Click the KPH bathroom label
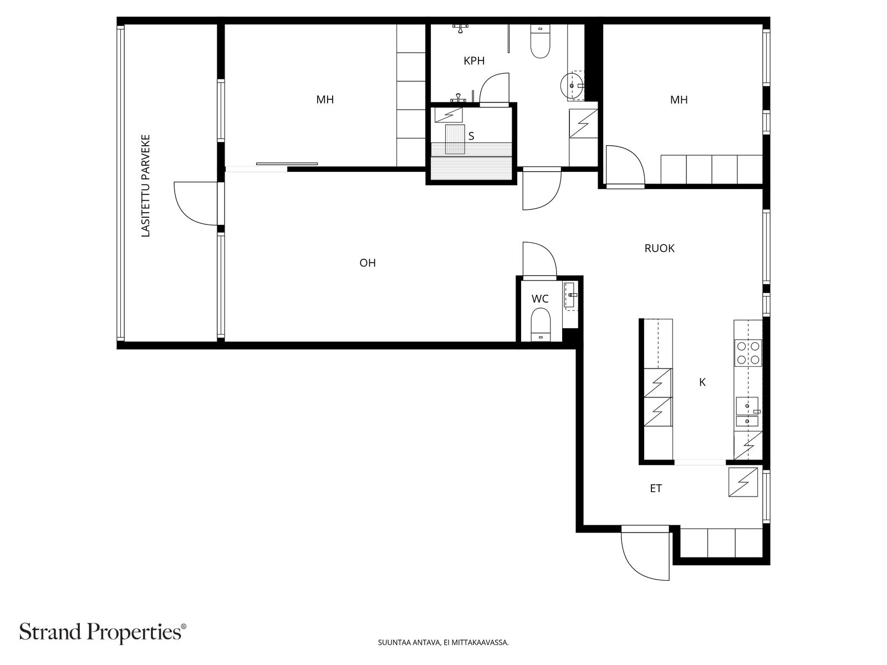(x=473, y=61)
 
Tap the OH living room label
(x=368, y=263)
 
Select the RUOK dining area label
(x=659, y=248)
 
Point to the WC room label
(x=540, y=299)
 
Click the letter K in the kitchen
(x=702, y=382)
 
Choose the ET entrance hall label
(x=655, y=489)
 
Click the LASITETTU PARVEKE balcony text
(x=145, y=186)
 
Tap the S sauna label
(x=471, y=136)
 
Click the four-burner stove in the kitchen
(x=748, y=352)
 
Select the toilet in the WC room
(x=541, y=325)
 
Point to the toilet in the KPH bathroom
(x=540, y=41)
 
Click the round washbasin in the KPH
(x=571, y=85)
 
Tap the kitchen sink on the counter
(x=747, y=412)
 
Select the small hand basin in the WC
(x=570, y=296)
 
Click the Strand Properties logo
(x=103, y=632)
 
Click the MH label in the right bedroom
(x=679, y=100)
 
